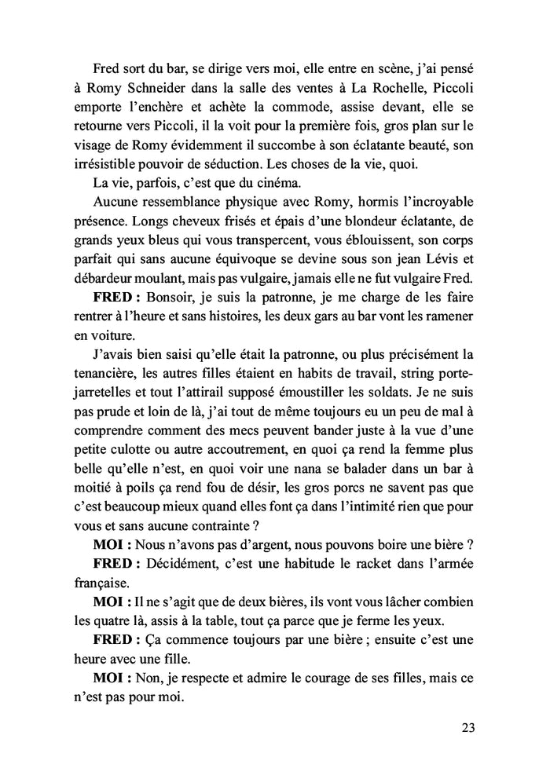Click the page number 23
coord(468,726)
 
